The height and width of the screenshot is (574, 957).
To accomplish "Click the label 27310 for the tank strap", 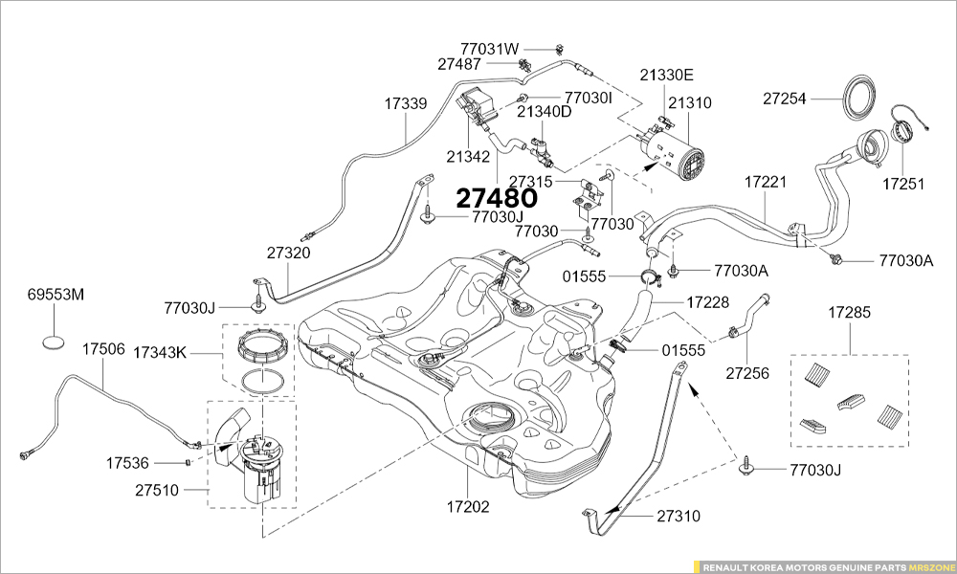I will (x=679, y=517).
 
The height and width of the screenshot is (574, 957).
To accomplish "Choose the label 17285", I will (x=849, y=313).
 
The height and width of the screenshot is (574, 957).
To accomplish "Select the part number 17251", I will (x=903, y=183).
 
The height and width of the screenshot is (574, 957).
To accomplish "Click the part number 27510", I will (x=157, y=490).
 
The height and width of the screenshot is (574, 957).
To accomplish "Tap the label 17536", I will (x=126, y=463).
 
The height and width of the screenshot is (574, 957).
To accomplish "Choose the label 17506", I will (x=103, y=348).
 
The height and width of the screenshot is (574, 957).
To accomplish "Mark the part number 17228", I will (x=707, y=302).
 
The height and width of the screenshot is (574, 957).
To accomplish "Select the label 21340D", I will (x=544, y=112).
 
